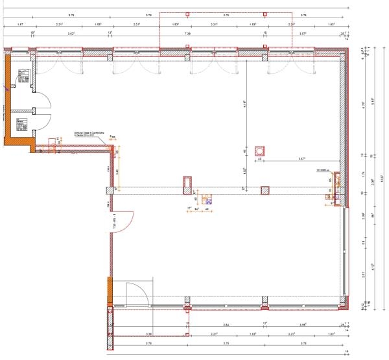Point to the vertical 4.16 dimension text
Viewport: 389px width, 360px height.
point(244,103)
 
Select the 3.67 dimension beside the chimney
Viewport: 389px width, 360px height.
point(301,158)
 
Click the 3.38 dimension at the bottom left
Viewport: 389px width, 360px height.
point(149,335)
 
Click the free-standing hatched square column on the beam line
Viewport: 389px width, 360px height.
point(265,191)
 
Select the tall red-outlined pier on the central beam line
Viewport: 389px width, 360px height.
point(187,184)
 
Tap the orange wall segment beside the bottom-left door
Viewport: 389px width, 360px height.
point(110,289)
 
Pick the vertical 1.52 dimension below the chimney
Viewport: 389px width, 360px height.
point(244,172)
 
